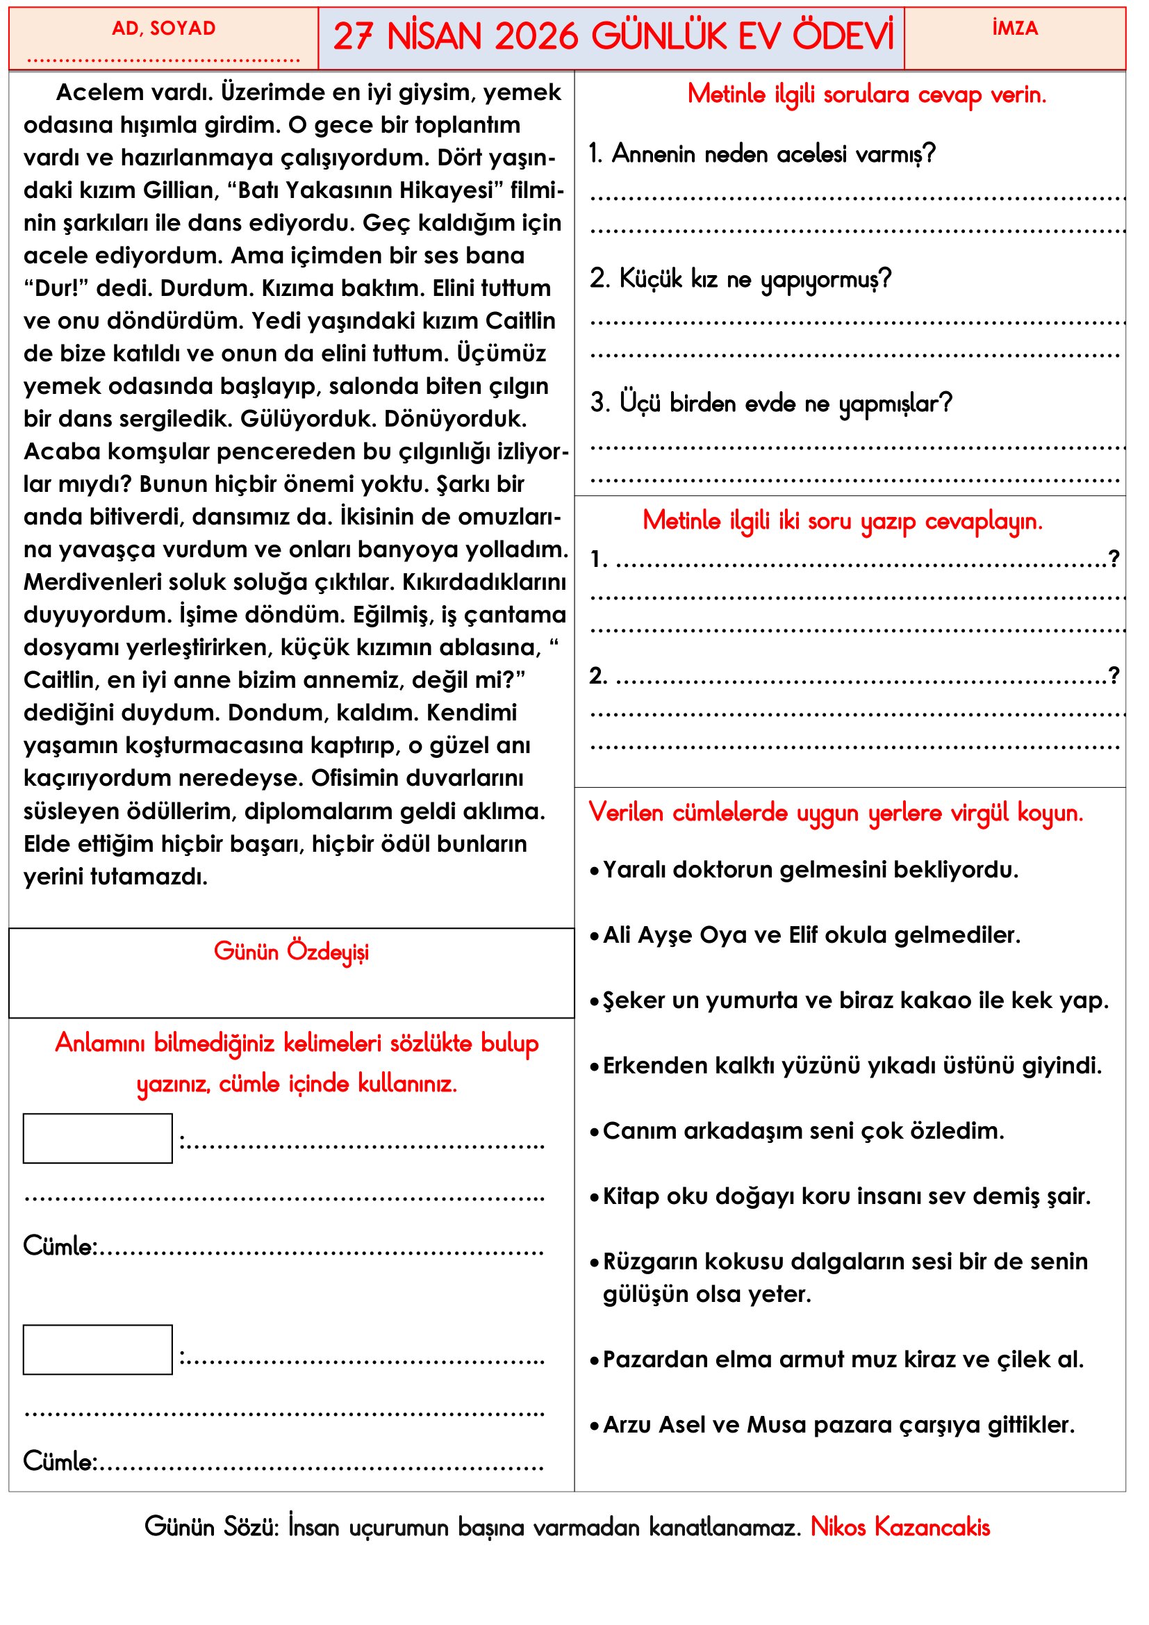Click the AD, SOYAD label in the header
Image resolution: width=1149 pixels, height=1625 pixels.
163,28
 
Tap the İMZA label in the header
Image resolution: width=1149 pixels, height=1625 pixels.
1014,28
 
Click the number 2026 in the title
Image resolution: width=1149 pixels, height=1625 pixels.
536,37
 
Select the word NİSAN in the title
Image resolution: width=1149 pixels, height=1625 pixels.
433,37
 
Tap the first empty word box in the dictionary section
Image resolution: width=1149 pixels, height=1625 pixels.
98,1139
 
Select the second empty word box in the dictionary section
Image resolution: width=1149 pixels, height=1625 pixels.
98,1350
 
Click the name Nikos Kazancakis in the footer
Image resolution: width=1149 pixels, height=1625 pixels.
899,1527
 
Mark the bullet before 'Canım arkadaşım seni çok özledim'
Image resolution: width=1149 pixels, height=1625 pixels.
595,1132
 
